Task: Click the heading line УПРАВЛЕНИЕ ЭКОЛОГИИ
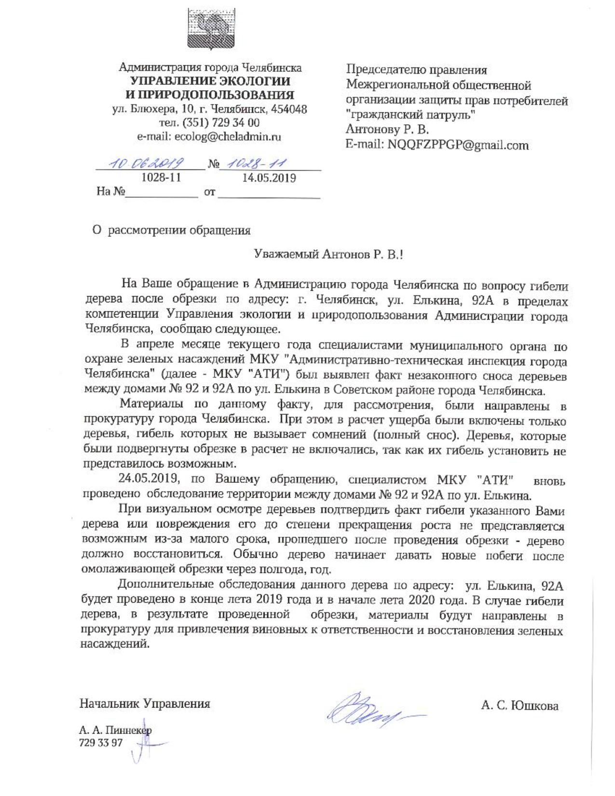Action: [210, 81]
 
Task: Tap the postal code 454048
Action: [289, 109]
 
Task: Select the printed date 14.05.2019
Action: [269, 178]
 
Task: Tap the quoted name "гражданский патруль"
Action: [410, 115]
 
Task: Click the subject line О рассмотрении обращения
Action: [172, 231]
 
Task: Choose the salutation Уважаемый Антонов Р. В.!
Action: [328, 254]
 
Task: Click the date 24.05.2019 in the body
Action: [149, 480]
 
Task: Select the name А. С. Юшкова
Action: [519, 706]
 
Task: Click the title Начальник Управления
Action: [145, 704]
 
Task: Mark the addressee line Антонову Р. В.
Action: [387, 130]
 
